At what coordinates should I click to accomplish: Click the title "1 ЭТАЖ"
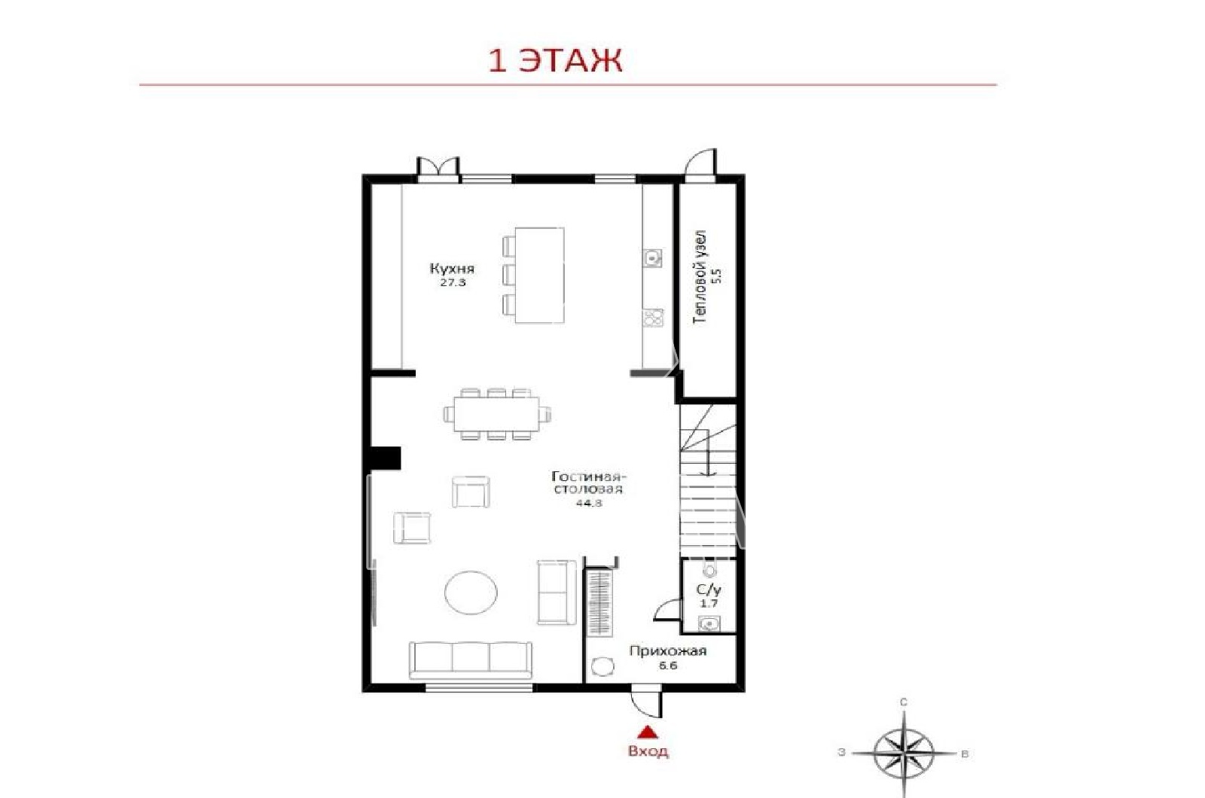555,60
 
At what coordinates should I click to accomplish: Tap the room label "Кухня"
452,268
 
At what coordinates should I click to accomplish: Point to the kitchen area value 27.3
453,283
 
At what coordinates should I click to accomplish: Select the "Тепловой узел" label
700,278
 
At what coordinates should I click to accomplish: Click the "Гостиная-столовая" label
588,483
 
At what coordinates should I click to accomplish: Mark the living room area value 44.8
588,504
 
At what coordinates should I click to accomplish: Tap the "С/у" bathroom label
709,589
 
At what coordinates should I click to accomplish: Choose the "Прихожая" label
667,651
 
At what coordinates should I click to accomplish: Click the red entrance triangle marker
648,732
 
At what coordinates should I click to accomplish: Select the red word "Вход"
648,751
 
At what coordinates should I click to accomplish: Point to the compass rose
904,752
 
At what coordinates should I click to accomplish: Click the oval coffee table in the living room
471,592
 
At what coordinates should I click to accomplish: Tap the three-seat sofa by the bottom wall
471,659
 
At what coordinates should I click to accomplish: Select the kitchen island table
539,276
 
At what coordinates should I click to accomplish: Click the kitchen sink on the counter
653,257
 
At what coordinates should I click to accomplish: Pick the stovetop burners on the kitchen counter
653,318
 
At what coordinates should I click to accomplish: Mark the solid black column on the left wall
386,458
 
